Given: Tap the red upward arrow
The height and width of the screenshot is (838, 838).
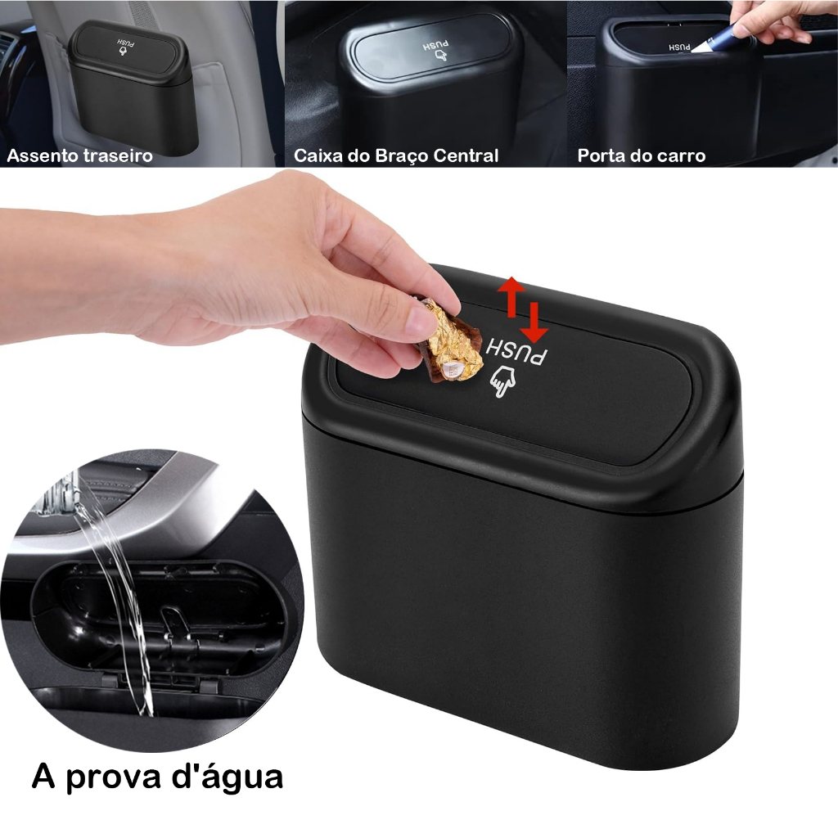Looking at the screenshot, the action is point(512,296).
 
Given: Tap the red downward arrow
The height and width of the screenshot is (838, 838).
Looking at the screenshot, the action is point(534,322).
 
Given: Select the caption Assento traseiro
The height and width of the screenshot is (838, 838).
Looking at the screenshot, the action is point(79,155).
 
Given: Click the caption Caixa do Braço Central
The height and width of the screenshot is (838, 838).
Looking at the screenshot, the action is point(396,155).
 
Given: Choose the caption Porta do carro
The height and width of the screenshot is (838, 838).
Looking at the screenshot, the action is point(641,155).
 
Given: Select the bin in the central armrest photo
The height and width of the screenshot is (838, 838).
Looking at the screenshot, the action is point(426,82).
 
